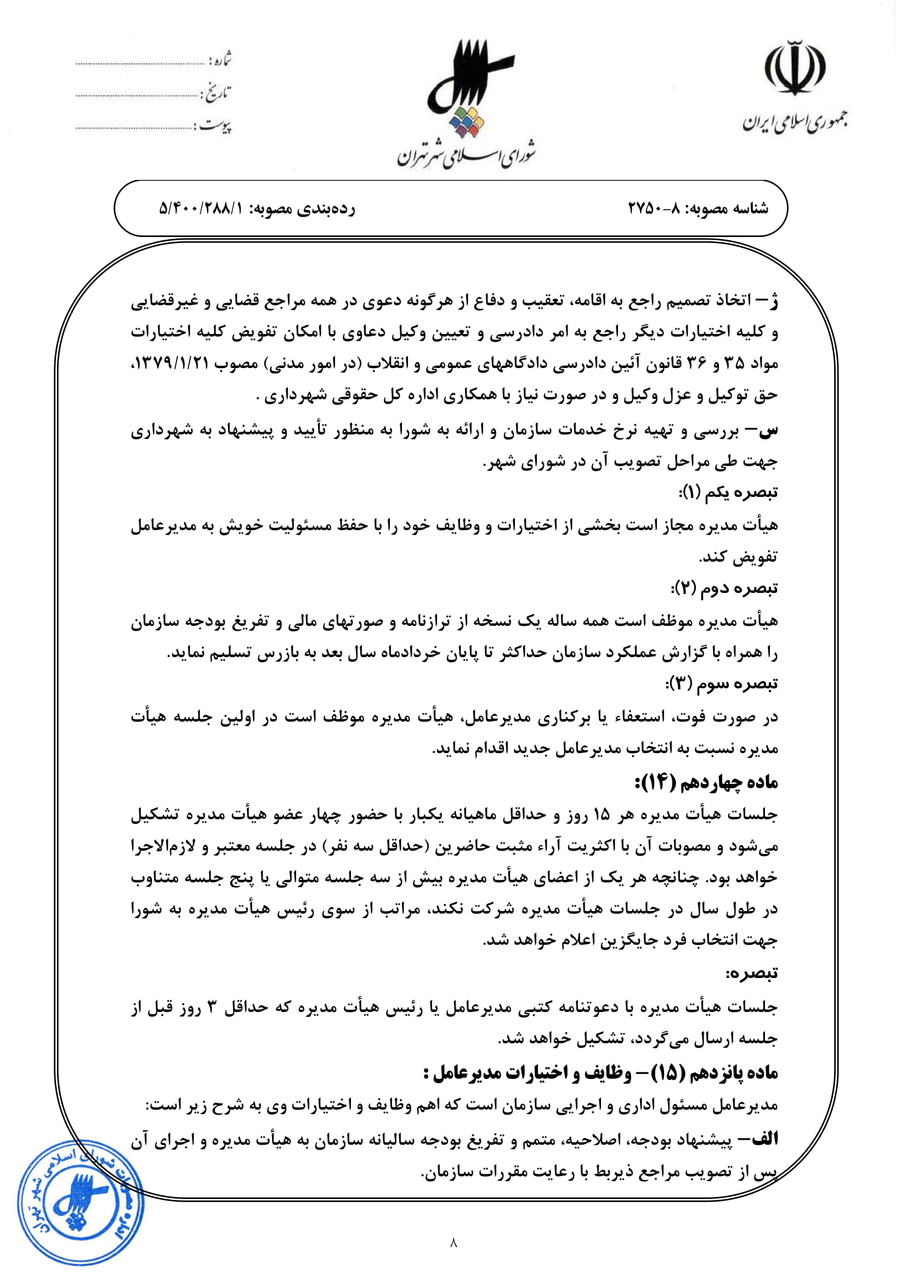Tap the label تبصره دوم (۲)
724,589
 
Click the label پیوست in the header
215,125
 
